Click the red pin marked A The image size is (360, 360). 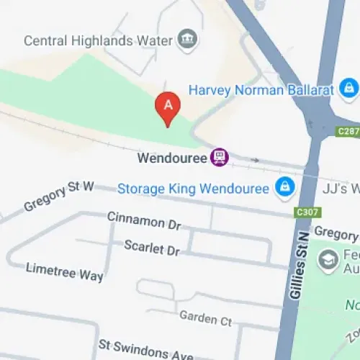168,108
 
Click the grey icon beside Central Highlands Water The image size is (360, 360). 189,39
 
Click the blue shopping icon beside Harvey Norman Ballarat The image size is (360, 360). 348,89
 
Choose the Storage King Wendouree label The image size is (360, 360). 193,189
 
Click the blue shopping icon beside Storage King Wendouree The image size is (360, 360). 284,189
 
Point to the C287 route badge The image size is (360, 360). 348,131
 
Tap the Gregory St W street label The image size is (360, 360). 59,197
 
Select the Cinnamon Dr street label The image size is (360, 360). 144,220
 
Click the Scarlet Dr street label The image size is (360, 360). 151,248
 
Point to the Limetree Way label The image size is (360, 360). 64,271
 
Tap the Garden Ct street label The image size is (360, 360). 205,317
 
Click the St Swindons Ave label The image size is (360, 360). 146,351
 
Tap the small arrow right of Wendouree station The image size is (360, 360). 254,160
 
